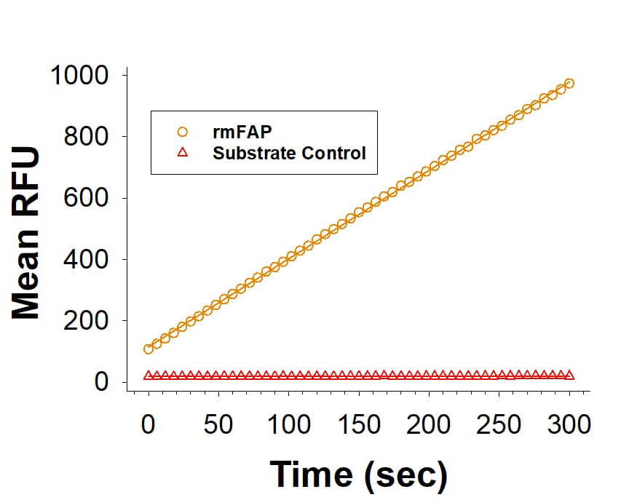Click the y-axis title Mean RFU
pos(25,233)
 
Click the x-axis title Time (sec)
pos(359,474)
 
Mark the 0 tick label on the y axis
pos(101,382)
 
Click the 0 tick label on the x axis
pos(149,424)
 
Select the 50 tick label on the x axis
pos(218,424)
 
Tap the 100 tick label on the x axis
pos(288,424)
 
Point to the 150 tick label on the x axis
pos(358,424)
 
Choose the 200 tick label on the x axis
pos(429,424)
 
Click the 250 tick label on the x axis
pos(499,424)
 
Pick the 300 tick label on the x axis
pos(569,424)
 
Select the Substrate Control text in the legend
pos(289,154)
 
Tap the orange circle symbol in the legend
pos(183,132)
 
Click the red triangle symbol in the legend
pos(183,153)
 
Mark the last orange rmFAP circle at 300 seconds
pos(569,84)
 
